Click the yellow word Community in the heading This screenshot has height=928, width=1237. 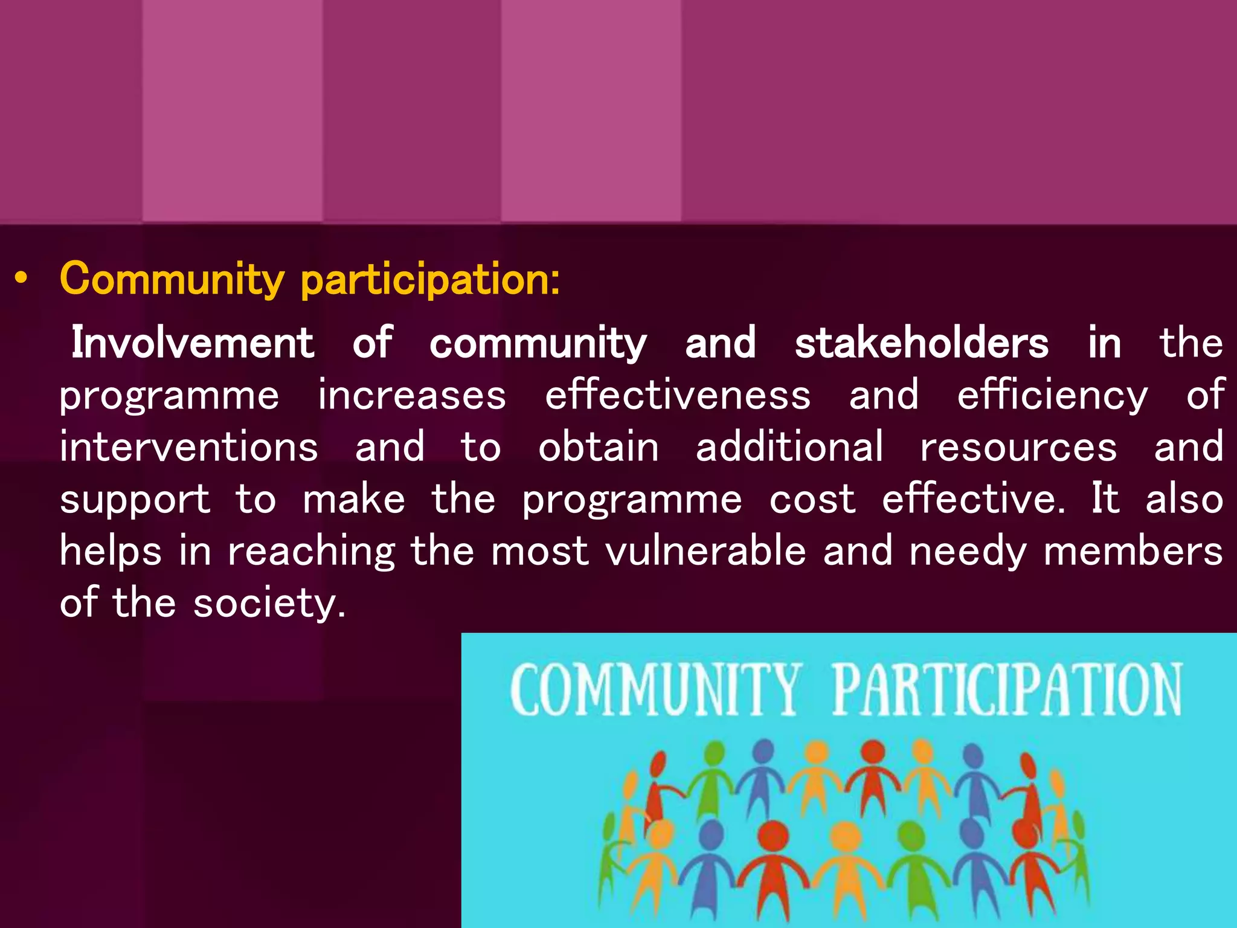(172, 280)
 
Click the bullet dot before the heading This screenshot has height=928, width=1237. (22, 279)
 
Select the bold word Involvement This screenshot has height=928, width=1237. (193, 343)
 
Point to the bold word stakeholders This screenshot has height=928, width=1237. (922, 343)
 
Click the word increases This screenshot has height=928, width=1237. (412, 396)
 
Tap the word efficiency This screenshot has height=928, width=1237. (1052, 396)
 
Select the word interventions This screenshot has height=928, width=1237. (188, 447)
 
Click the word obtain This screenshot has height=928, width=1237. (599, 447)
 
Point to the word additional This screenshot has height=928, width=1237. (789, 447)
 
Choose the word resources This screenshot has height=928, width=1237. (1018, 447)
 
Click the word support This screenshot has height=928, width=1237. (135, 500)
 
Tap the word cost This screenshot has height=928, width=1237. (812, 500)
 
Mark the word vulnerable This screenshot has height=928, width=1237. (705, 551)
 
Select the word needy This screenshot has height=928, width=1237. (968, 552)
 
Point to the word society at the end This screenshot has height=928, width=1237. (266, 604)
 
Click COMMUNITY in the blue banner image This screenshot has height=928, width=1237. (656, 689)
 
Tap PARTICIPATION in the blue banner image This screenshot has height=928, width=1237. (1007, 689)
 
